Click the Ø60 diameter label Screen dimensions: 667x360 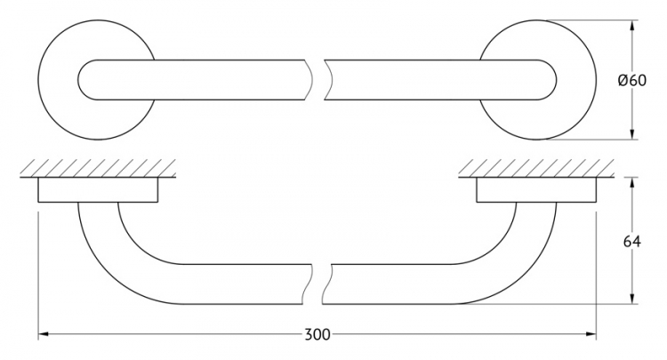pos(631,80)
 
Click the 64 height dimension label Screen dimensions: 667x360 pos(631,242)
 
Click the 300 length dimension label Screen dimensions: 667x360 pos(317,335)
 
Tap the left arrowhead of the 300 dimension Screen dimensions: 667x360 pos(43,334)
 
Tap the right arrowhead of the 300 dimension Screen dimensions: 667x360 pos(591,334)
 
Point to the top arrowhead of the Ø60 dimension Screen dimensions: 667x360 pos(632,26)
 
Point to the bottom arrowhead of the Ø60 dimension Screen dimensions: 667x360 pos(632,134)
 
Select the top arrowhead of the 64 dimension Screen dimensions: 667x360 pos(632,182)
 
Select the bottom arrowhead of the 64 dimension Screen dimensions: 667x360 pos(632,299)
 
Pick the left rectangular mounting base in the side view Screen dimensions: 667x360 pos(98,189)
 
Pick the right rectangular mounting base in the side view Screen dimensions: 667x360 pos(536,189)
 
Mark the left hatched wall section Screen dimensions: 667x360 pos(98,168)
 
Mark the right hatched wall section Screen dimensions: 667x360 pos(536,168)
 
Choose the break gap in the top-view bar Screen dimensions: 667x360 pos(318,80)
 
